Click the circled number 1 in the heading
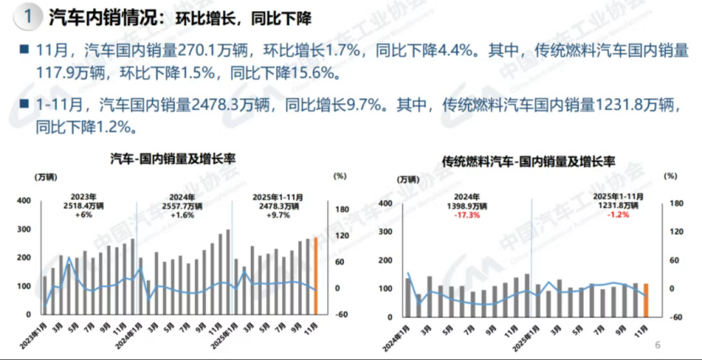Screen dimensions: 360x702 [x=29, y=15]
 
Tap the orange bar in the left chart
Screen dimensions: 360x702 [x=316, y=275]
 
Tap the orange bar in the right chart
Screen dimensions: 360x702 [x=646, y=300]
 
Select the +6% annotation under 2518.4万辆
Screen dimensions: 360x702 [x=83, y=215]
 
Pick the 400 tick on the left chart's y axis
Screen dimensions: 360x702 [x=24, y=200]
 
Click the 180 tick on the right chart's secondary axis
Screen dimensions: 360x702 [x=675, y=203]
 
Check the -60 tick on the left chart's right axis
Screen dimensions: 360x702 [x=343, y=315]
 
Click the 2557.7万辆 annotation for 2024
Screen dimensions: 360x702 [x=182, y=205]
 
